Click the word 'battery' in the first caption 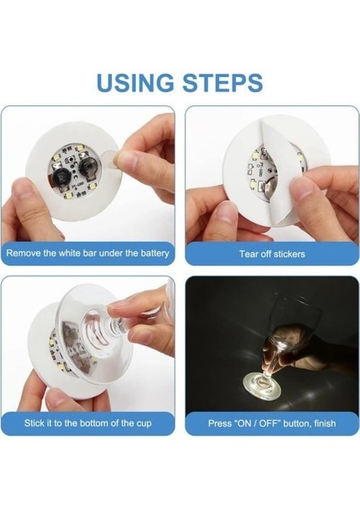point(152,253)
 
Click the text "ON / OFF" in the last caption point(252,422)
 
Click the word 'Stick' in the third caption point(38,422)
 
